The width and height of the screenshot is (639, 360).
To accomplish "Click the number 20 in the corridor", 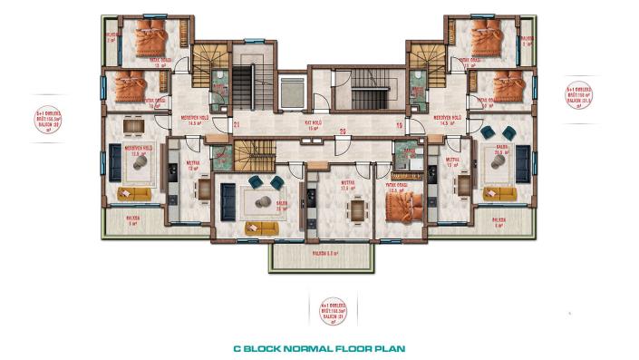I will [x=317, y=132].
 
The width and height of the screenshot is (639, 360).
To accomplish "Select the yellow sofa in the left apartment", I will [x=136, y=193].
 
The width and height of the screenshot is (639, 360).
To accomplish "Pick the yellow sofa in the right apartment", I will [x=500, y=193].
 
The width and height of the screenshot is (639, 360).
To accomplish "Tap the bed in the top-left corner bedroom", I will [x=144, y=40].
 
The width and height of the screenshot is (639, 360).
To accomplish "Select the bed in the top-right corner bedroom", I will [x=491, y=40].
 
